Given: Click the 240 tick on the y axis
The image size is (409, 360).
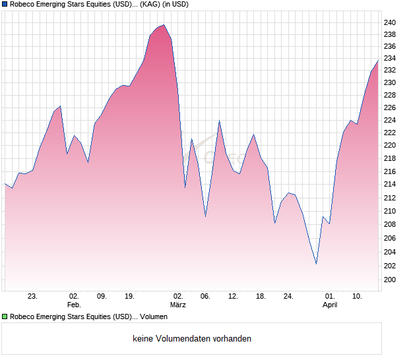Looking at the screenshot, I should [x=390, y=23].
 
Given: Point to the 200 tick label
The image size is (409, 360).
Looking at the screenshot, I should [x=390, y=280].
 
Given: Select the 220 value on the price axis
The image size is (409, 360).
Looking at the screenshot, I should [x=390, y=146].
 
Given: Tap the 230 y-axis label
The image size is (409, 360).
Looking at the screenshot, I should [x=390, y=83].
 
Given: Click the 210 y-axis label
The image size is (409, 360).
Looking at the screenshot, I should [x=390, y=212].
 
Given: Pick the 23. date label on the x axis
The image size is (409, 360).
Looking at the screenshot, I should [x=32, y=297].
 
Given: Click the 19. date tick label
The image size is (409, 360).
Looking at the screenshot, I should [x=129, y=297].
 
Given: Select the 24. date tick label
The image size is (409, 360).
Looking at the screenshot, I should [x=288, y=297].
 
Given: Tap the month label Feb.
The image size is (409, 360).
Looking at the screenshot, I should [x=74, y=305].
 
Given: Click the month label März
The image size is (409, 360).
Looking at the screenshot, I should [x=177, y=305].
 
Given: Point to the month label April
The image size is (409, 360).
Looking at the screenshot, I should [x=330, y=305].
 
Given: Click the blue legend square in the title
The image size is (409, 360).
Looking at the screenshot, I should [x=5, y=5].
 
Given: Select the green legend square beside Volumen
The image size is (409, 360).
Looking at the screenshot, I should [x=5, y=316].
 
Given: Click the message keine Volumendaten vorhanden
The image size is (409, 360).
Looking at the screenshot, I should [x=192, y=339].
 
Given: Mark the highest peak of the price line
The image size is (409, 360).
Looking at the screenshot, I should [x=164, y=25].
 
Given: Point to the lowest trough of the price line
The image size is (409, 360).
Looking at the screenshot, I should [x=316, y=264].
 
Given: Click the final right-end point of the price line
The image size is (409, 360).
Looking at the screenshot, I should [x=378, y=60].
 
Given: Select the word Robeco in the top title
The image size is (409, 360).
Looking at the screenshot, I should [x=24, y=5].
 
